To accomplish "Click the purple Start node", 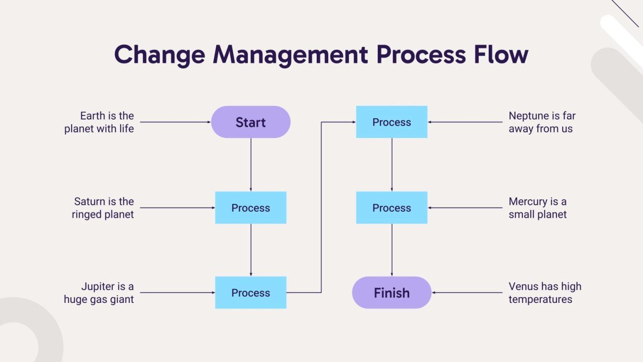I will pos(250,122).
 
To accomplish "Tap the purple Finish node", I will pos(392,293).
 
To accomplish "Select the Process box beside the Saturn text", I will pos(250,208).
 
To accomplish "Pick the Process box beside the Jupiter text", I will pos(250,293).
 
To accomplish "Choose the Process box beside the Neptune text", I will pos(392,122).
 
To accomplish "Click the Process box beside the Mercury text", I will pos(392,208).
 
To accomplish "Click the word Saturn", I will pos(90,201).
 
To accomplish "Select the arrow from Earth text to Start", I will pos(175,122).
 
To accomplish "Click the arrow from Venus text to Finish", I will pos(466,293).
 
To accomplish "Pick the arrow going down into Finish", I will pos(392,250).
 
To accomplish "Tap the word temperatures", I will pos(540,300).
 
